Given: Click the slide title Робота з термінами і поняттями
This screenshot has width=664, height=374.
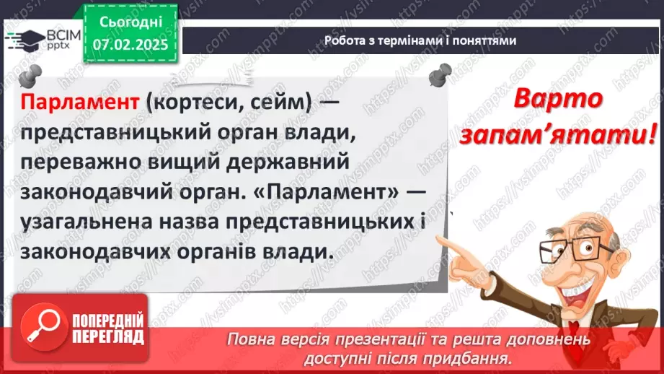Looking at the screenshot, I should tap(420, 40).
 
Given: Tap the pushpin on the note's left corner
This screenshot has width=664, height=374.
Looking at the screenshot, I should tap(30, 74).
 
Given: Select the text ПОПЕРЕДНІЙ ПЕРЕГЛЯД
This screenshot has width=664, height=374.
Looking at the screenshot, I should tap(109, 329).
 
